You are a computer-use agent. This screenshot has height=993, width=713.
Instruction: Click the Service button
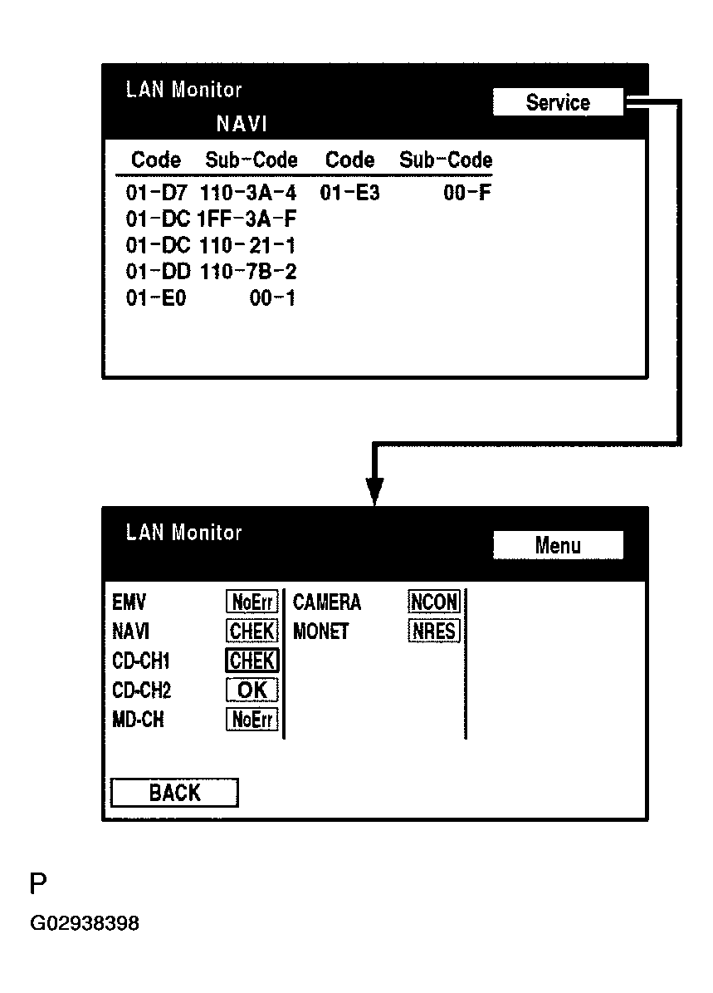(x=557, y=103)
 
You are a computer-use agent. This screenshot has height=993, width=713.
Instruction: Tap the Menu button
(x=557, y=546)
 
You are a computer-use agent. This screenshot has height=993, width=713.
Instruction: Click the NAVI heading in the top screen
(x=242, y=125)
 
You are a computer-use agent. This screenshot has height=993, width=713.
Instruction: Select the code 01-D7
(x=156, y=194)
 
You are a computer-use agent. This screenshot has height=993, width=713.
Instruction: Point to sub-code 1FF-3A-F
(x=247, y=219)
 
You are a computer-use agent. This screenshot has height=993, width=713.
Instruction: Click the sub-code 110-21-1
(x=247, y=246)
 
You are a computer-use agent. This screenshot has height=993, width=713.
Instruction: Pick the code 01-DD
(x=158, y=272)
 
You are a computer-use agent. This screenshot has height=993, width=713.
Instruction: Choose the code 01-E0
(x=156, y=298)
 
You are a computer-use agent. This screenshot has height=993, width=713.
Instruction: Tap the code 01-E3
(x=349, y=194)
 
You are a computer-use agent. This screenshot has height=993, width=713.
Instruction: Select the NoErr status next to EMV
(x=252, y=602)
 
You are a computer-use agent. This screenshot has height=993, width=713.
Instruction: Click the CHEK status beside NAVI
(x=252, y=632)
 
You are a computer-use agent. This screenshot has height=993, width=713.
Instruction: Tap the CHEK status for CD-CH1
(x=252, y=661)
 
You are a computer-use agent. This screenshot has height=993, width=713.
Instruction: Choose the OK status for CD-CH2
(x=252, y=690)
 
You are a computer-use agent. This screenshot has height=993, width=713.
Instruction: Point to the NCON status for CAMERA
(x=434, y=602)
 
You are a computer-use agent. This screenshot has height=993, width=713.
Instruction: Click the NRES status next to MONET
(x=434, y=632)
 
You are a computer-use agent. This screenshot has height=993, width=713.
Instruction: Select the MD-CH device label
(x=138, y=720)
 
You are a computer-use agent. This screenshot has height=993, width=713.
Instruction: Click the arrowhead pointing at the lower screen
(x=375, y=490)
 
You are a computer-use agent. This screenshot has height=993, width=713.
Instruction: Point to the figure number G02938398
(x=85, y=923)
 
